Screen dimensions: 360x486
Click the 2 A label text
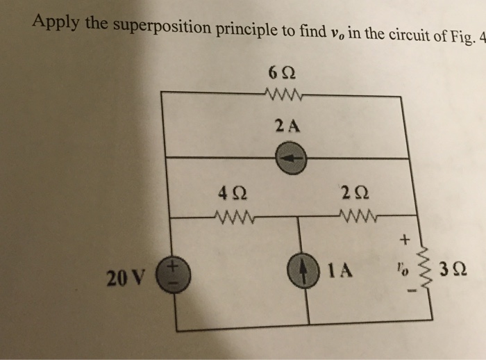point(287,126)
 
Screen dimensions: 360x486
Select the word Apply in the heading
point(56,22)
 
